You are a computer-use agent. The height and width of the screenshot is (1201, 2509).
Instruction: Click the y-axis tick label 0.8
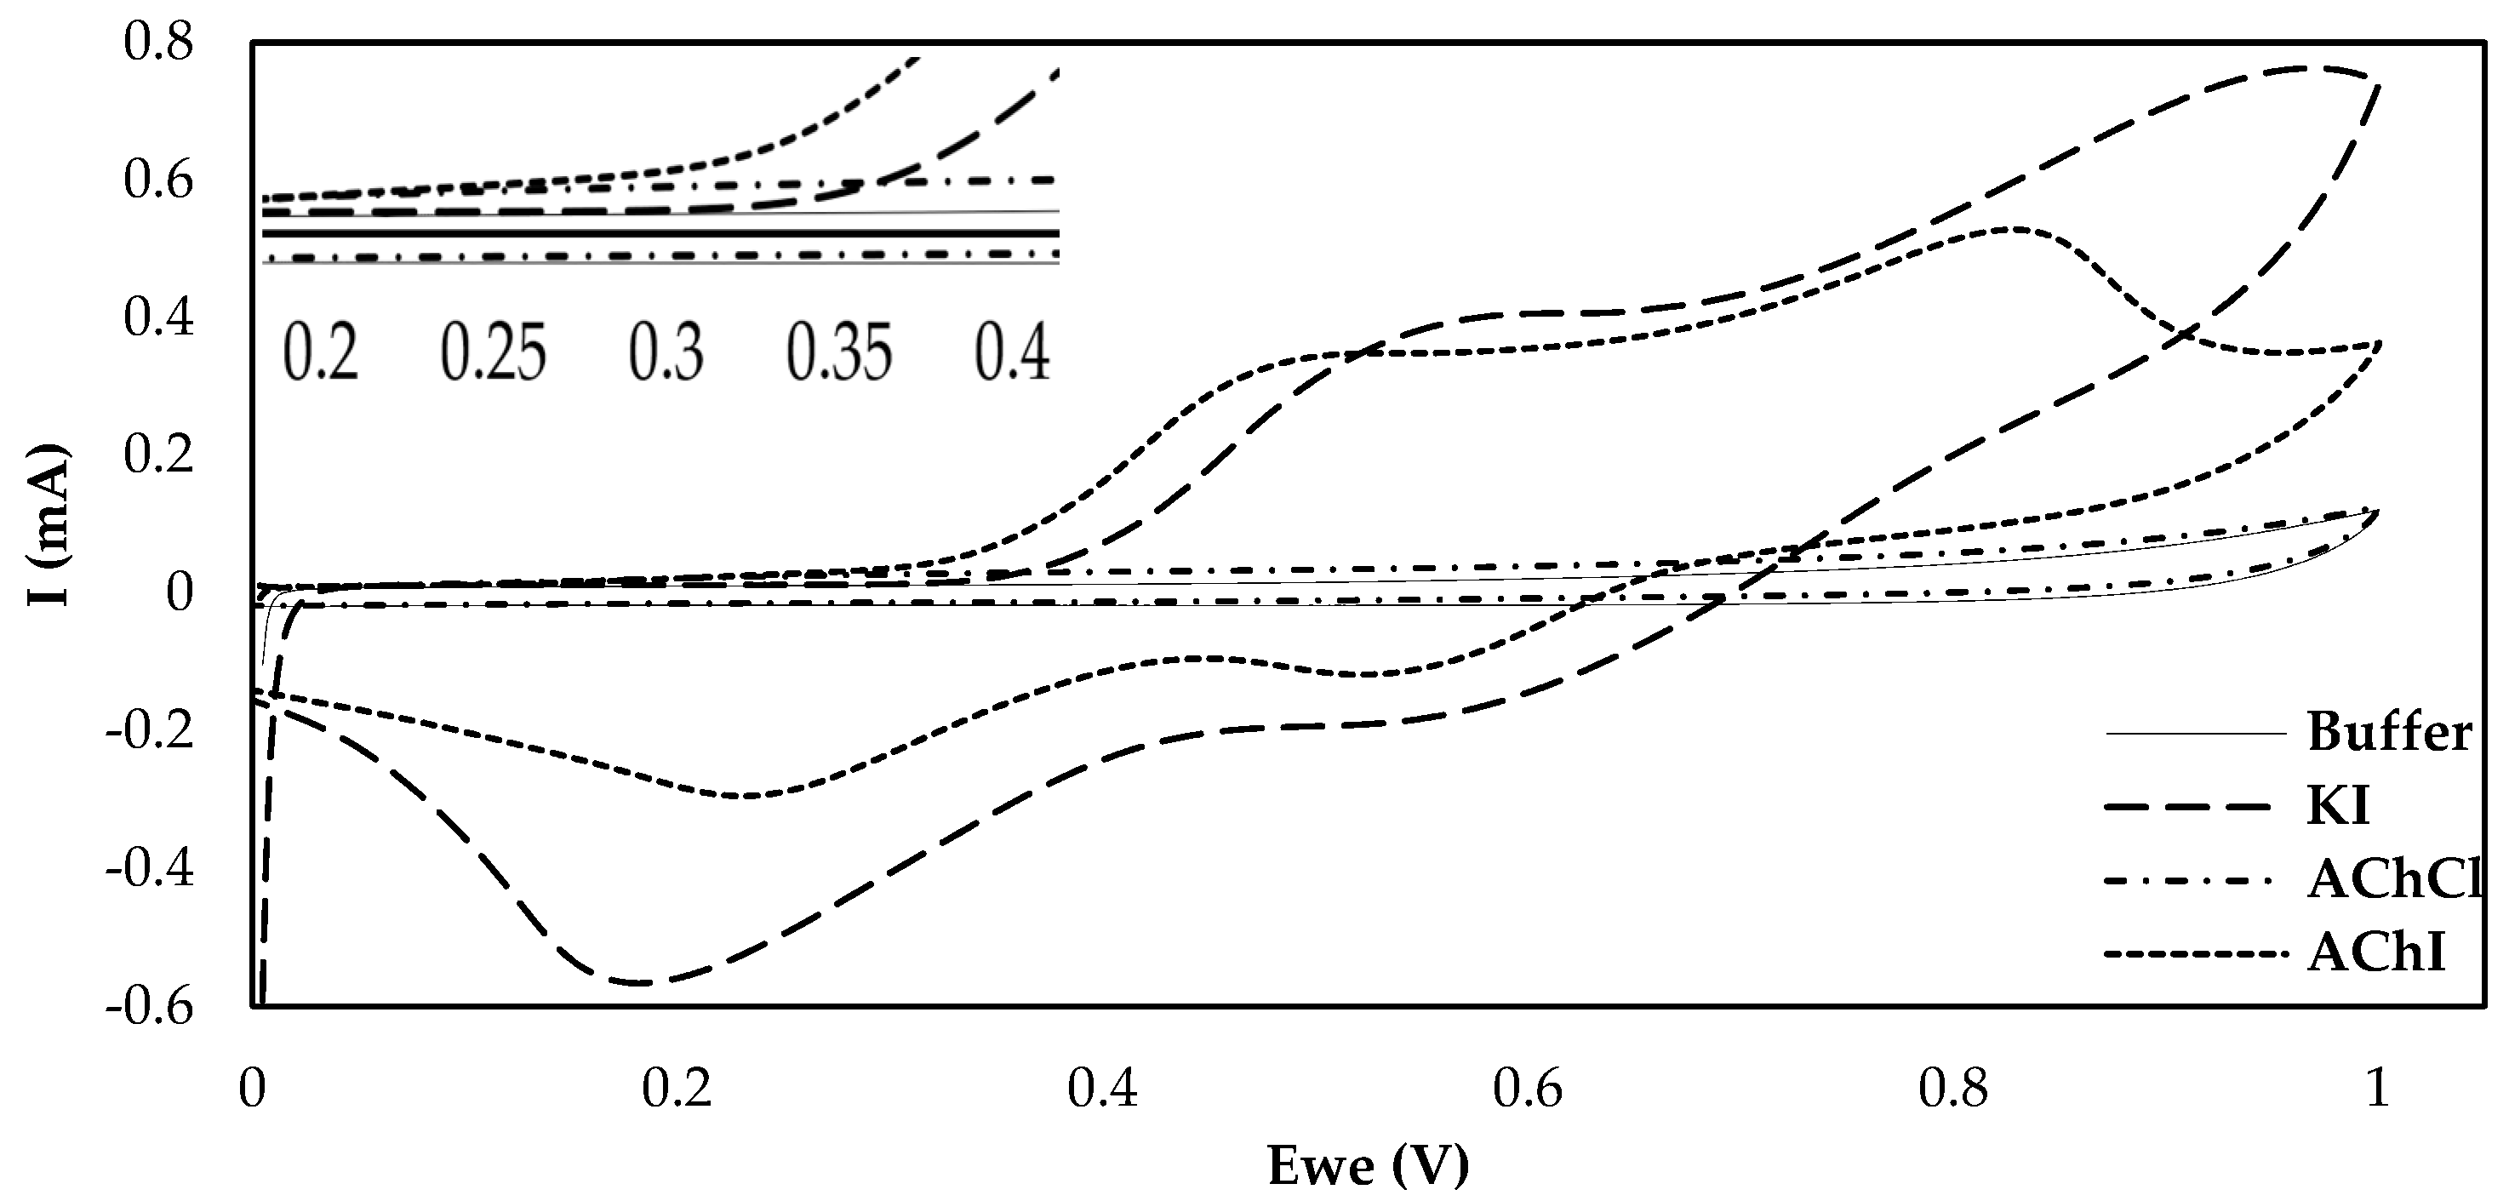159,43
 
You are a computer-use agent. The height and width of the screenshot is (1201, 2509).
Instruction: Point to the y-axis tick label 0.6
159,181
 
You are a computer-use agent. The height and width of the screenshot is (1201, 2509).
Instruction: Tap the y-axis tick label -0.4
150,868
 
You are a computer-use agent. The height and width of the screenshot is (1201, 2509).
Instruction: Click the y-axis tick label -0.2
150,730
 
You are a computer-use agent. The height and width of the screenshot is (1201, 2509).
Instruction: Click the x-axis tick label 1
2378,1088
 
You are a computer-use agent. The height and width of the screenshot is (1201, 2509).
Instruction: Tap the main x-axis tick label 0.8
1953,1088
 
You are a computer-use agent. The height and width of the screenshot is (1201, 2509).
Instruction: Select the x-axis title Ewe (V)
1368,1165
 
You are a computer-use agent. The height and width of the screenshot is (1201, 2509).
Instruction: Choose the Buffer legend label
2389,733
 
